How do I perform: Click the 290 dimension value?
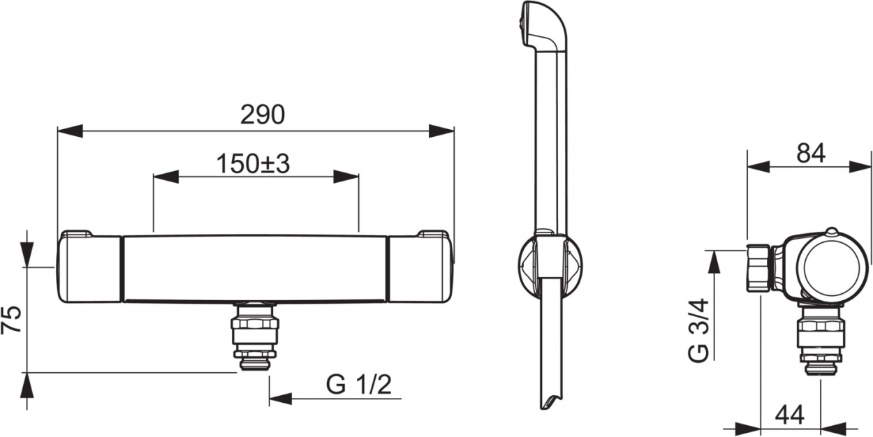263,115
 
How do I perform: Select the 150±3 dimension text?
253,164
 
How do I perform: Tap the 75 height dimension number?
11,320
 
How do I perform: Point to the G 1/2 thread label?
358,385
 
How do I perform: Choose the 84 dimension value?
811,154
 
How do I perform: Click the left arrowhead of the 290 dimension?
70,131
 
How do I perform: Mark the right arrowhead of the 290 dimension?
441,131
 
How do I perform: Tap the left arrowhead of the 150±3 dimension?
166,177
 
